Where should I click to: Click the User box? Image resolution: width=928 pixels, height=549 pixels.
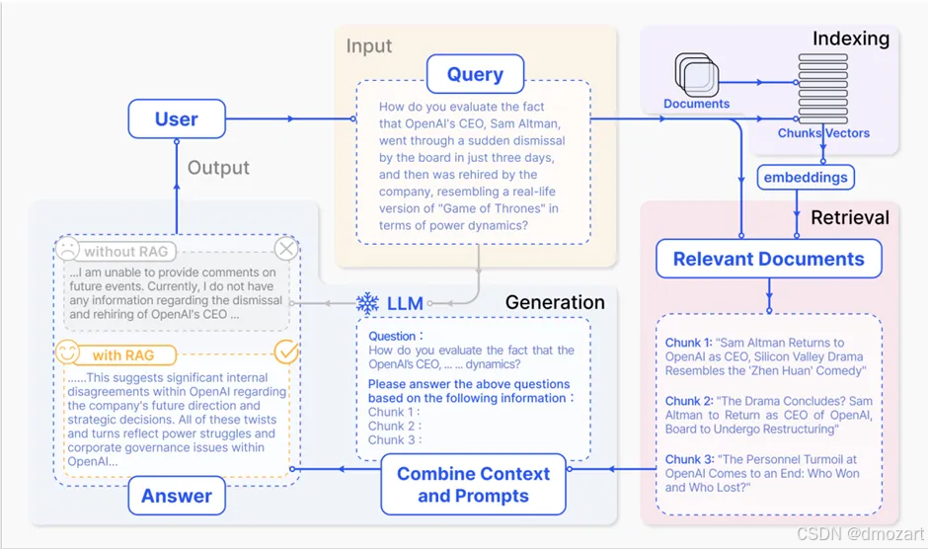176,119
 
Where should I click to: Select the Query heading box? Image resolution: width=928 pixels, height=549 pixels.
475,74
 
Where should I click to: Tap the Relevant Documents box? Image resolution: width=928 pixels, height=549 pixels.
768,259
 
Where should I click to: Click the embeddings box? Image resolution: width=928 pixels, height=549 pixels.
806,178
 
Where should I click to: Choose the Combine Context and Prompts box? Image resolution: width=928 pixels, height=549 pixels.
473,484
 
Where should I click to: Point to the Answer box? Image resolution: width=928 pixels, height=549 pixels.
177,496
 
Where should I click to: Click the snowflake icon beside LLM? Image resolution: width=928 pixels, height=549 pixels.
367,303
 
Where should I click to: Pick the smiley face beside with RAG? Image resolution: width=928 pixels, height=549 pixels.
67,353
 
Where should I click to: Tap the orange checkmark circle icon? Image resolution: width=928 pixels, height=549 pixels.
285,352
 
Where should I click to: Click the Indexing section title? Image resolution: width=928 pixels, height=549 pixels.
850,39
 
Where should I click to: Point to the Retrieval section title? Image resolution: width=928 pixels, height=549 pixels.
849,217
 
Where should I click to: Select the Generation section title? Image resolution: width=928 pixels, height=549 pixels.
555,302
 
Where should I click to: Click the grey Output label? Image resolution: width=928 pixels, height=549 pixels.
218,167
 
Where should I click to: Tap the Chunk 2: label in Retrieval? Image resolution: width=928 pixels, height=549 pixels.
688,402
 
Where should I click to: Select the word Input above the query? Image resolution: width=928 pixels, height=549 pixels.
368,45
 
